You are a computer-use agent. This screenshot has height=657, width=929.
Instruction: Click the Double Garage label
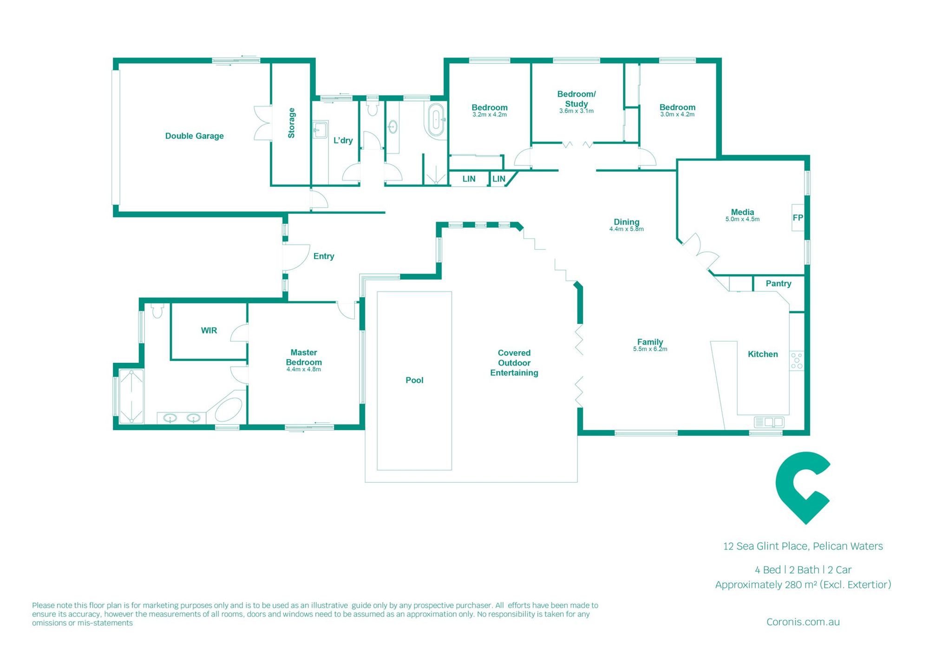click(194, 136)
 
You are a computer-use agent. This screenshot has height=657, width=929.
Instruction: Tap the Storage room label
click(291, 123)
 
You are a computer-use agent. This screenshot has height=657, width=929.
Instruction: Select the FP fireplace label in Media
click(798, 217)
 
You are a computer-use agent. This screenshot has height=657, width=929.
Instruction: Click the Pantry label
click(778, 283)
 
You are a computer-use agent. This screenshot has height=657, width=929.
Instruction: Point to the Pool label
click(414, 380)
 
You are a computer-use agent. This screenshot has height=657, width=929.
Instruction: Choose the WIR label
click(209, 330)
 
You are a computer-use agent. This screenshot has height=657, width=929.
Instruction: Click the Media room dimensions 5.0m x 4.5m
click(742, 219)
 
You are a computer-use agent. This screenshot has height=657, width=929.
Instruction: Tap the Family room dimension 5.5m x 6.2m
click(650, 349)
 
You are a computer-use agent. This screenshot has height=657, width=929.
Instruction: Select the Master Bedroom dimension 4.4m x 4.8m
click(303, 369)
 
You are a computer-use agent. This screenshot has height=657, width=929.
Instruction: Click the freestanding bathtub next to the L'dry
click(436, 120)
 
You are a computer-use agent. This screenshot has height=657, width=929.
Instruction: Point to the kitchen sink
click(769, 422)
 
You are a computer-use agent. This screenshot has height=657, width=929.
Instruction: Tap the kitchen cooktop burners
click(797, 361)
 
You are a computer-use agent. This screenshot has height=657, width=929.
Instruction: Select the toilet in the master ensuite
click(157, 311)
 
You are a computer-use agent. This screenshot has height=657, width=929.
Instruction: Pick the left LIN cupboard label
click(469, 179)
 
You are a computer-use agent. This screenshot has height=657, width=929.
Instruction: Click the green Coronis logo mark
click(803, 488)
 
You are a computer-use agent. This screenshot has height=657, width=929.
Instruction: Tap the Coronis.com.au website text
click(803, 622)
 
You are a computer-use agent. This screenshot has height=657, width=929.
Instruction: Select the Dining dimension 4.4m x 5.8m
click(626, 229)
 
